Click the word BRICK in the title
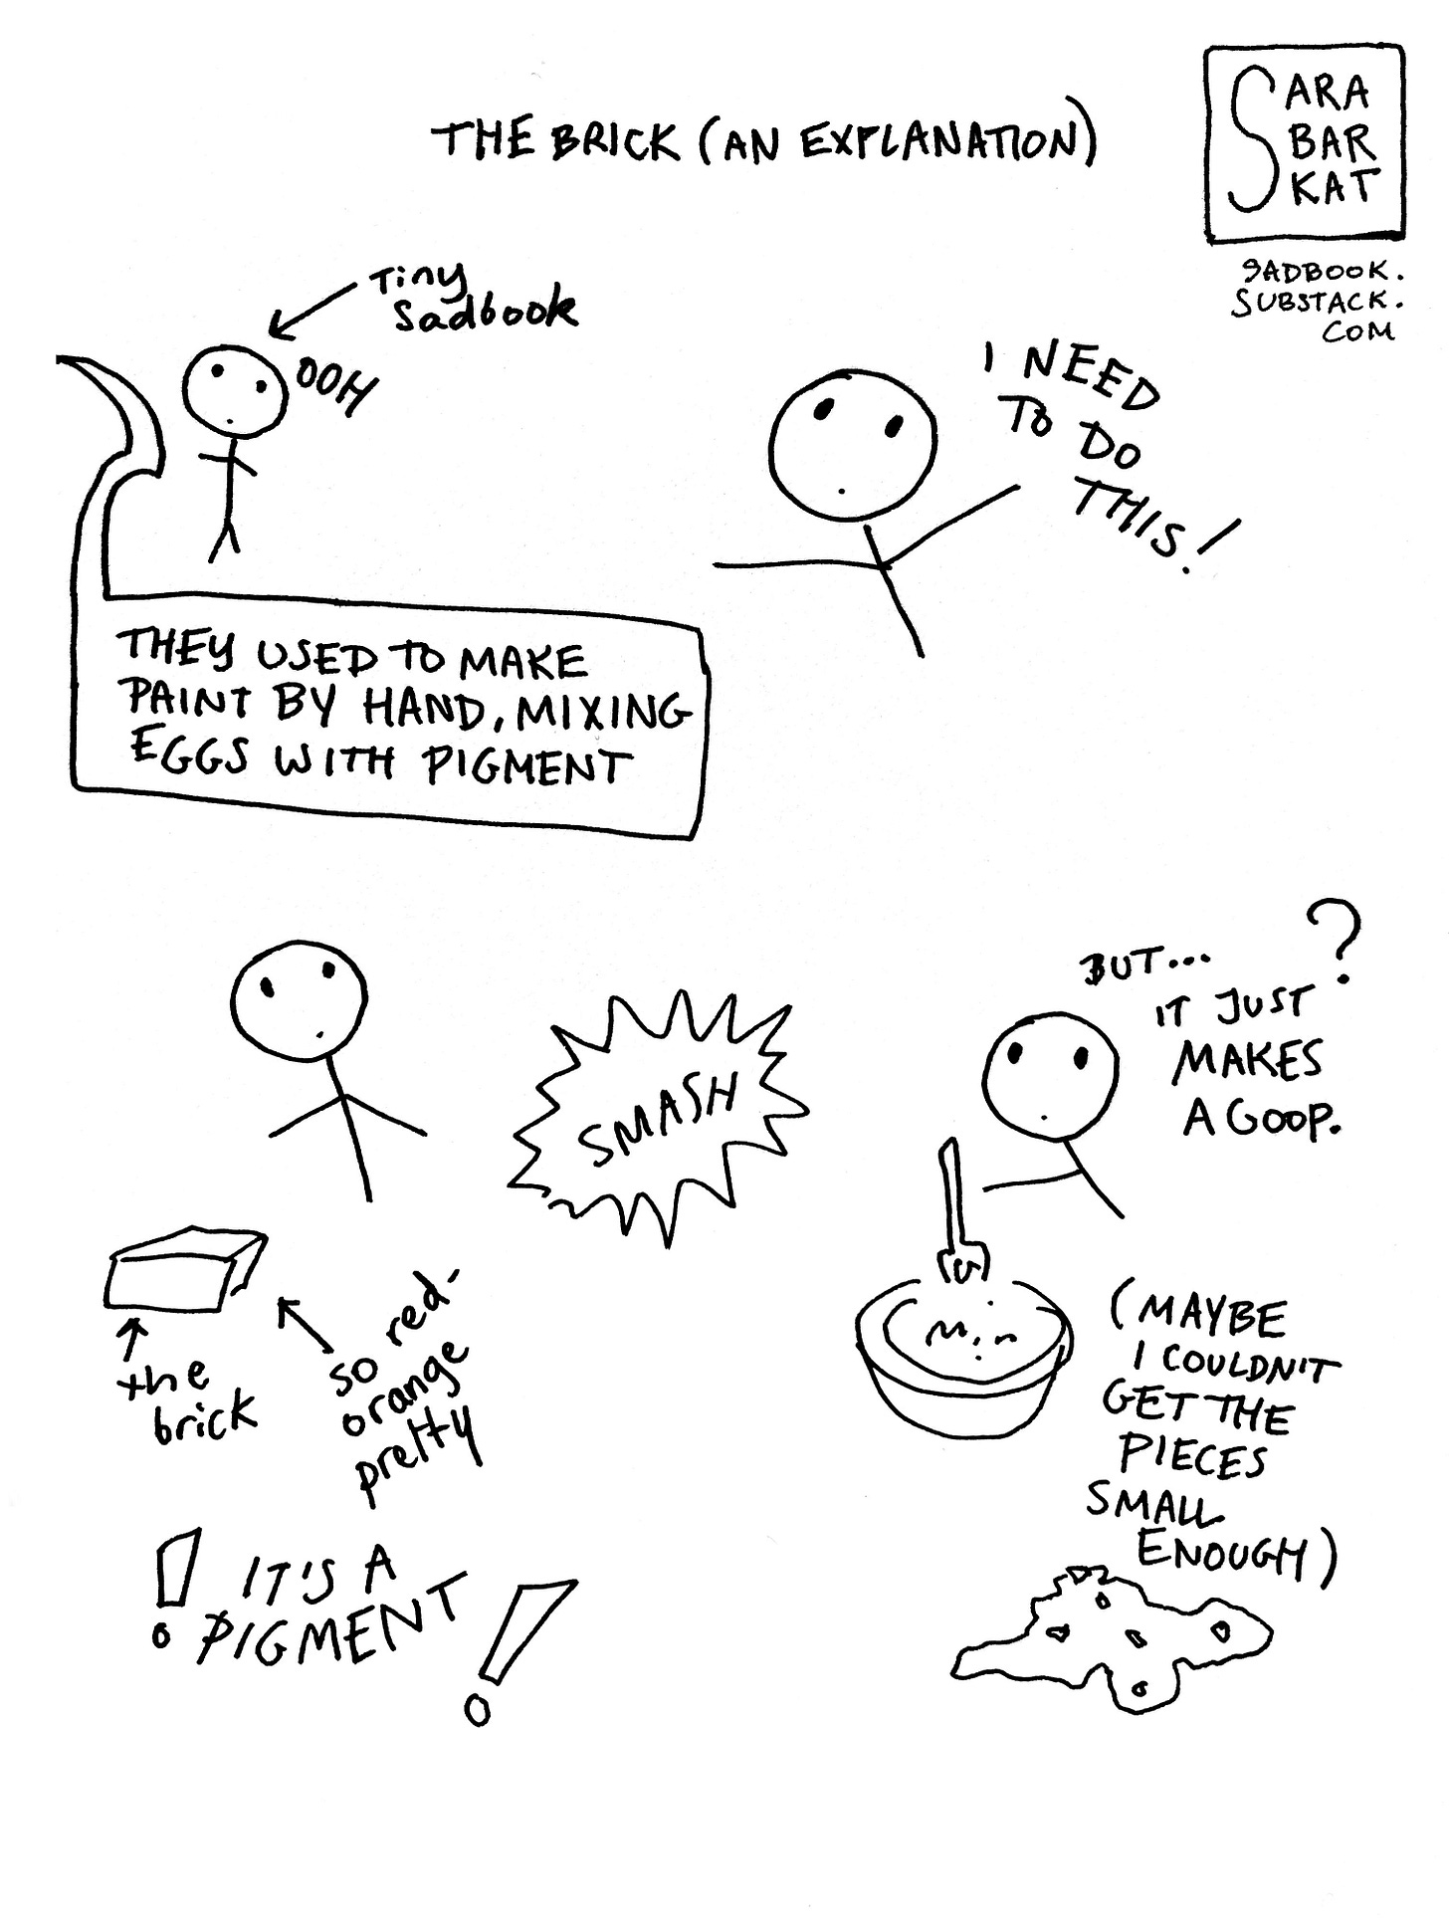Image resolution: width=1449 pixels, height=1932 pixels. point(614,139)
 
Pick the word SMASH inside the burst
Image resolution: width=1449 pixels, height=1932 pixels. point(659,1119)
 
